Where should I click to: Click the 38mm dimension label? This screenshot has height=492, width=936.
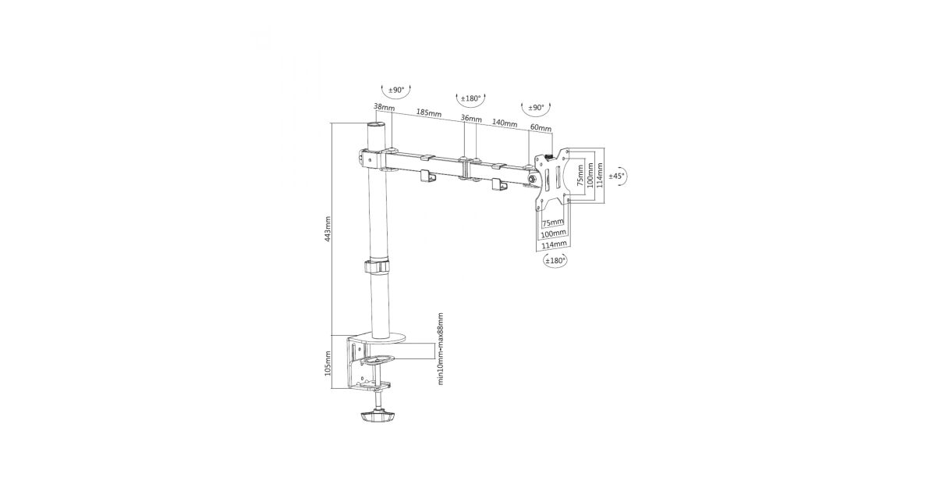click(384, 107)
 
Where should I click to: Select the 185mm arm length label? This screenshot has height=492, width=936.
click(429, 113)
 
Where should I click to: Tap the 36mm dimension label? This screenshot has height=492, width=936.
click(471, 119)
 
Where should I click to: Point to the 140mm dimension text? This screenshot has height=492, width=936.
click(505, 123)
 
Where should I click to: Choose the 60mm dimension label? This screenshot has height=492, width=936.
click(541, 127)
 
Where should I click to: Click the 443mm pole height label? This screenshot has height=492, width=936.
click(328, 229)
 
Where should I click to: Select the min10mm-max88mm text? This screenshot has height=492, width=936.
click(440, 348)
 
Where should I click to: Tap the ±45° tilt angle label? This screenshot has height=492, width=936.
click(616, 176)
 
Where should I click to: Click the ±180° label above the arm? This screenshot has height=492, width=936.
click(470, 98)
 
